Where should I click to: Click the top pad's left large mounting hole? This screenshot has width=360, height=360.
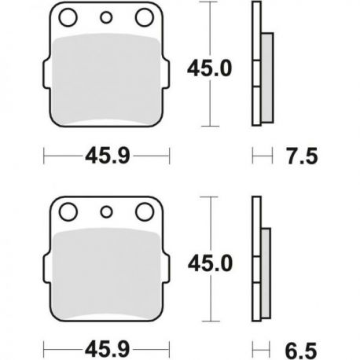pyautogui.click(x=68, y=17)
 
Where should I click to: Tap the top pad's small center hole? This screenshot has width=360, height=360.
pyautogui.click(x=106, y=17)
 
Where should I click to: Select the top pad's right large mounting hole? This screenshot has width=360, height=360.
pyautogui.click(x=145, y=17)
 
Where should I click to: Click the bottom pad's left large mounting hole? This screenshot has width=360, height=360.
pyautogui.click(x=68, y=211)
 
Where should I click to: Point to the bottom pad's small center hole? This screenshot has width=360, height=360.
pyautogui.click(x=106, y=212)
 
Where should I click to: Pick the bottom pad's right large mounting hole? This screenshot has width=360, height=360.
pyautogui.click(x=145, y=211)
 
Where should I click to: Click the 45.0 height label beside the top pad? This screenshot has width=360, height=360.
pyautogui.click(x=209, y=68)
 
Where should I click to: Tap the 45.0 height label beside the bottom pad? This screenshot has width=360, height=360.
pyautogui.click(x=210, y=263)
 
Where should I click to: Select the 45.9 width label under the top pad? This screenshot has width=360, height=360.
pyautogui.click(x=108, y=156)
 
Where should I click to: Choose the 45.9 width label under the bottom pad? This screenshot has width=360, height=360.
pyautogui.click(x=108, y=350)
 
